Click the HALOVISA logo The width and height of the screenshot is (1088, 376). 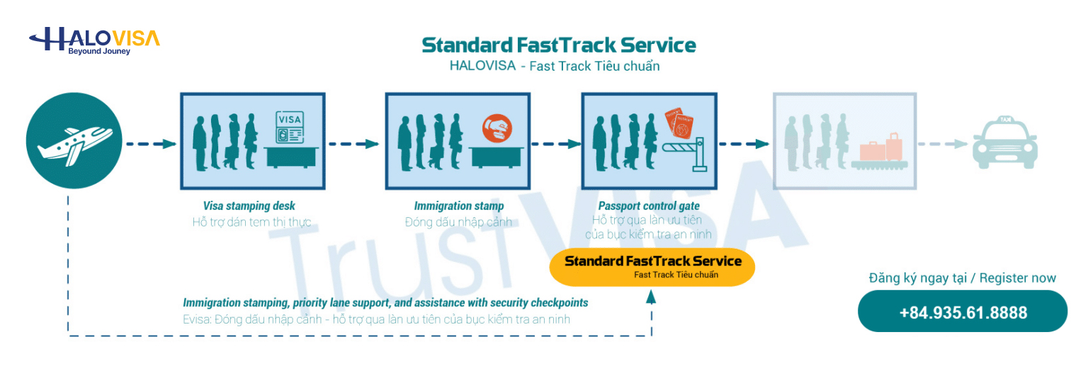coord(94,41)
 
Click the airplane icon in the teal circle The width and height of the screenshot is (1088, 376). coord(75,145)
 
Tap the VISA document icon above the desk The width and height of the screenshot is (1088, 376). coord(290,128)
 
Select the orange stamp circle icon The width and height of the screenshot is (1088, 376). coord(497,128)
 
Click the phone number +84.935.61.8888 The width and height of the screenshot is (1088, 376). coord(963,312)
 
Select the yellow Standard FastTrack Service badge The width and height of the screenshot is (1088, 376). coord(652,267)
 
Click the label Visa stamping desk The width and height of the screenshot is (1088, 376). coord(249,206)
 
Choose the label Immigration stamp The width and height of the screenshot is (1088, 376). coord(459,206)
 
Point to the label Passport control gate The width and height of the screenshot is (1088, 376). coord(649,206)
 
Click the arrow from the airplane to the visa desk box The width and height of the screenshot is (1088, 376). coord(151,144)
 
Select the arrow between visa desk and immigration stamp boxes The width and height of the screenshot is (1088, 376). coord(353,144)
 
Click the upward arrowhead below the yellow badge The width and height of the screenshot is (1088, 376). coord(652,297)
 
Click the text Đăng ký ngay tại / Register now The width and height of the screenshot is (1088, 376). coord(962,278)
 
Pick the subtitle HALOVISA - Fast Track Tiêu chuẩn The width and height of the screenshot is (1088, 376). coord(555,66)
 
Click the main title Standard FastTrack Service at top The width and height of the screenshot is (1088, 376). coord(559,45)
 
